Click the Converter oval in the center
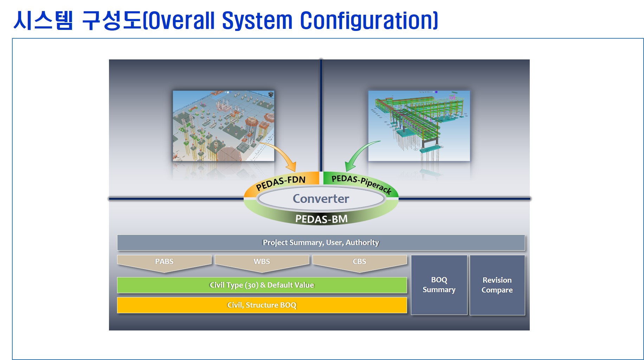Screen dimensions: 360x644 pyautogui.click(x=321, y=199)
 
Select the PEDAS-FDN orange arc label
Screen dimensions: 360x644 pyautogui.click(x=281, y=182)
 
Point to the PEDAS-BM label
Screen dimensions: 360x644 pyautogui.click(x=321, y=219)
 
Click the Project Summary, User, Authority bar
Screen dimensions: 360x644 pyautogui.click(x=321, y=243)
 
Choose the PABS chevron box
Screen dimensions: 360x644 pyautogui.click(x=164, y=262)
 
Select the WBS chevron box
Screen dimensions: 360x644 pyautogui.click(x=262, y=262)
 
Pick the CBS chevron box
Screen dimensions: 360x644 pyautogui.click(x=359, y=262)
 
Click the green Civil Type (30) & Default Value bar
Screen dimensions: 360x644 pyautogui.click(x=262, y=285)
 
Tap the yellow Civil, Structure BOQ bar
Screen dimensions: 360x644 pyautogui.click(x=262, y=305)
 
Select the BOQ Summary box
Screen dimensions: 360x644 pyautogui.click(x=439, y=285)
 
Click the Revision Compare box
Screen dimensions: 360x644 pyautogui.click(x=497, y=285)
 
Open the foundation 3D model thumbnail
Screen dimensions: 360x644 pyautogui.click(x=224, y=126)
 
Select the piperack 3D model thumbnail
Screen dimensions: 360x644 pyautogui.click(x=419, y=126)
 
